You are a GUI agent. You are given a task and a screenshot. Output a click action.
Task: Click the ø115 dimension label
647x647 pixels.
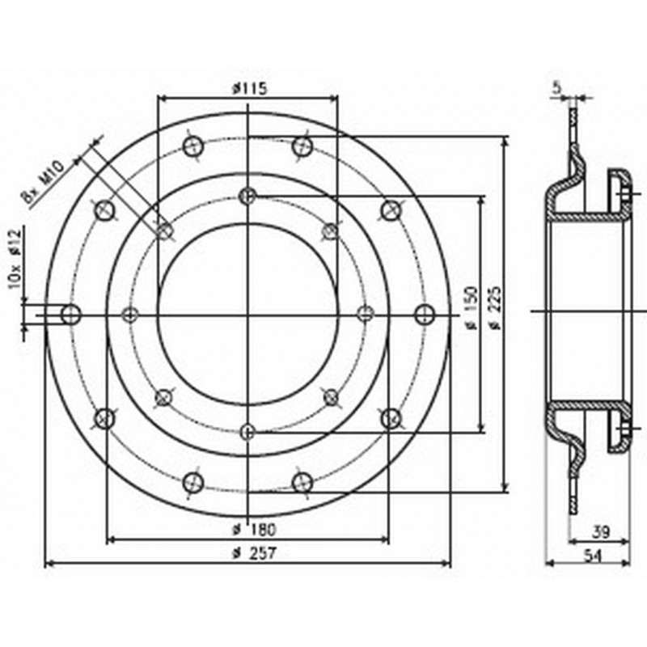248,88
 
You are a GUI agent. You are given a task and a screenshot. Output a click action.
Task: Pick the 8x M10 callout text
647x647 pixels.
44,182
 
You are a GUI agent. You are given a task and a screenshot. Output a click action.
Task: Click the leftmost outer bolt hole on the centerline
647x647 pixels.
71,314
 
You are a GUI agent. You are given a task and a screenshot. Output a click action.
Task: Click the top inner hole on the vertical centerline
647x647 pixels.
248,195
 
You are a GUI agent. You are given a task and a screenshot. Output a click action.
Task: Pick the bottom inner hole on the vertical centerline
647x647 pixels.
248,430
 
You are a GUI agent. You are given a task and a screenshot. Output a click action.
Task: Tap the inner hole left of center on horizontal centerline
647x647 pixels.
130,314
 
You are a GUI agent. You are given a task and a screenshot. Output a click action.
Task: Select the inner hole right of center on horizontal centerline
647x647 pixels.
366,314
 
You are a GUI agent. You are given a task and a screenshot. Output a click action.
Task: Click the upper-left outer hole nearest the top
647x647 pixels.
193,146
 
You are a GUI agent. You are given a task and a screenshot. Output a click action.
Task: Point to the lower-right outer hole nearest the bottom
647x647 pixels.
302,482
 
